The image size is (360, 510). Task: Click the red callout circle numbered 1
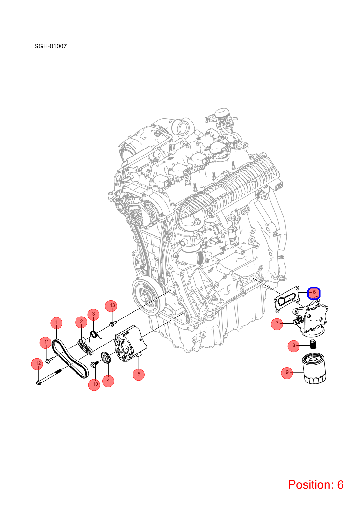coord(56,323)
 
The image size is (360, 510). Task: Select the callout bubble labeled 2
coord(81,322)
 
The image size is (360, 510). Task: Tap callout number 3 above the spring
coord(94,314)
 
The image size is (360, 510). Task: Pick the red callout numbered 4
coord(108,381)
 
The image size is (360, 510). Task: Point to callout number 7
coord(277,323)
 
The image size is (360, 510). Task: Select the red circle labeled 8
coord(293,346)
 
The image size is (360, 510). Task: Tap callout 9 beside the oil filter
coord(287,372)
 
